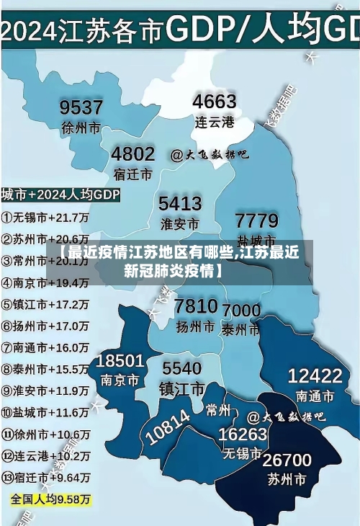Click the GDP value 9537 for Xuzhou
click(81, 107)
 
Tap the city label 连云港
click(215, 122)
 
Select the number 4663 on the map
click(215, 101)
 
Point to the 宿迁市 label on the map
click(133, 174)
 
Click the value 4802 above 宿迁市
click(133, 153)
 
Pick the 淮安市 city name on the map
click(179, 223)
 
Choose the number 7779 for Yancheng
click(257, 220)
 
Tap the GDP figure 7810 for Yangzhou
click(196, 306)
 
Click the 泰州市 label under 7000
click(240, 330)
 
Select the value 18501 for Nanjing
click(120, 360)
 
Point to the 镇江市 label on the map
click(181, 388)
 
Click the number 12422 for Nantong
click(315, 375)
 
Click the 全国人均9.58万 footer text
click(50, 499)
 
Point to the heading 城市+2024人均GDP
click(60, 195)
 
